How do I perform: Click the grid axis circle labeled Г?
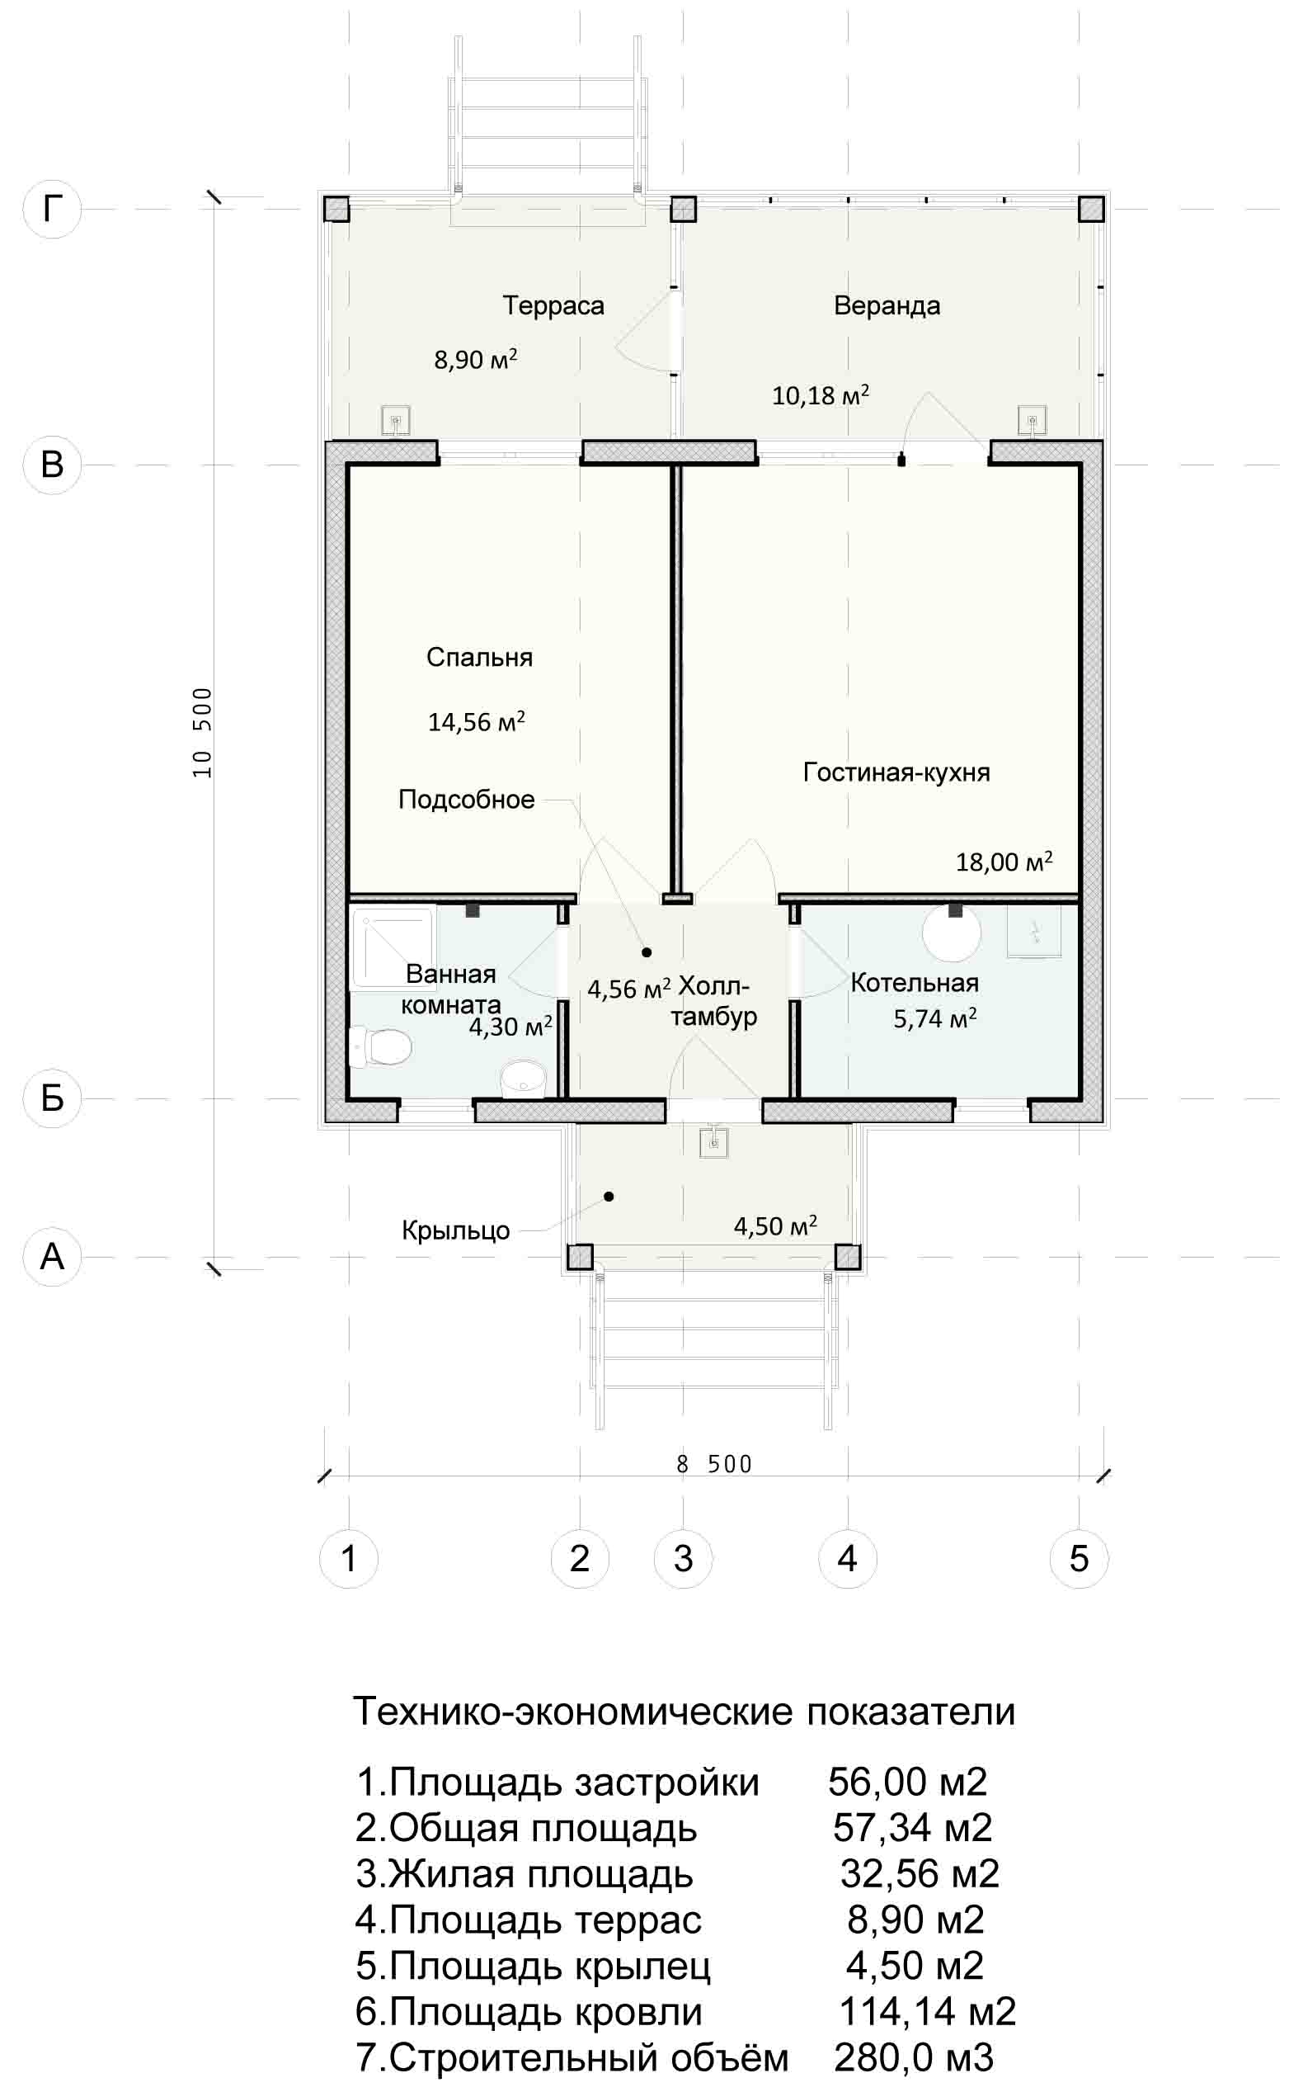(x=52, y=208)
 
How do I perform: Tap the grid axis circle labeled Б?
(x=52, y=1098)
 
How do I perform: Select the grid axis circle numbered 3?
(x=683, y=1558)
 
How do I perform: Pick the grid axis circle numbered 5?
(x=1079, y=1558)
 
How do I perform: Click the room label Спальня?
(x=479, y=657)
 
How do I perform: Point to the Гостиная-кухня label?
(x=896, y=772)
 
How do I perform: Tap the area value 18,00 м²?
(x=1004, y=861)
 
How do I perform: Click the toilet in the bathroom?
(x=380, y=1046)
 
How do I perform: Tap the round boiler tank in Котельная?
(x=952, y=933)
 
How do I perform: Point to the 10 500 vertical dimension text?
(x=203, y=733)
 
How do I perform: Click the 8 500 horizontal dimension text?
(x=713, y=1463)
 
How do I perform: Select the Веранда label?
(x=887, y=305)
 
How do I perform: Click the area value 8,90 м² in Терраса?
(x=476, y=359)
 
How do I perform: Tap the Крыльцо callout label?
(x=455, y=1230)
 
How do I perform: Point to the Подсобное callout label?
(x=466, y=799)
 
